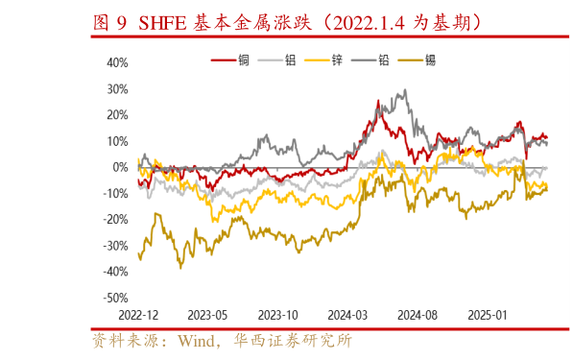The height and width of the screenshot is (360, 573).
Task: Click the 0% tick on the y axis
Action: coord(121,167)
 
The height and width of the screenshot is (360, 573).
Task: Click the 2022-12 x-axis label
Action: coord(139,315)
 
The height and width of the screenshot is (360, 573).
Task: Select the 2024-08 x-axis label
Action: coord(418,315)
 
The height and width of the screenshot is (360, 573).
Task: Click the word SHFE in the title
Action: coord(166,20)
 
